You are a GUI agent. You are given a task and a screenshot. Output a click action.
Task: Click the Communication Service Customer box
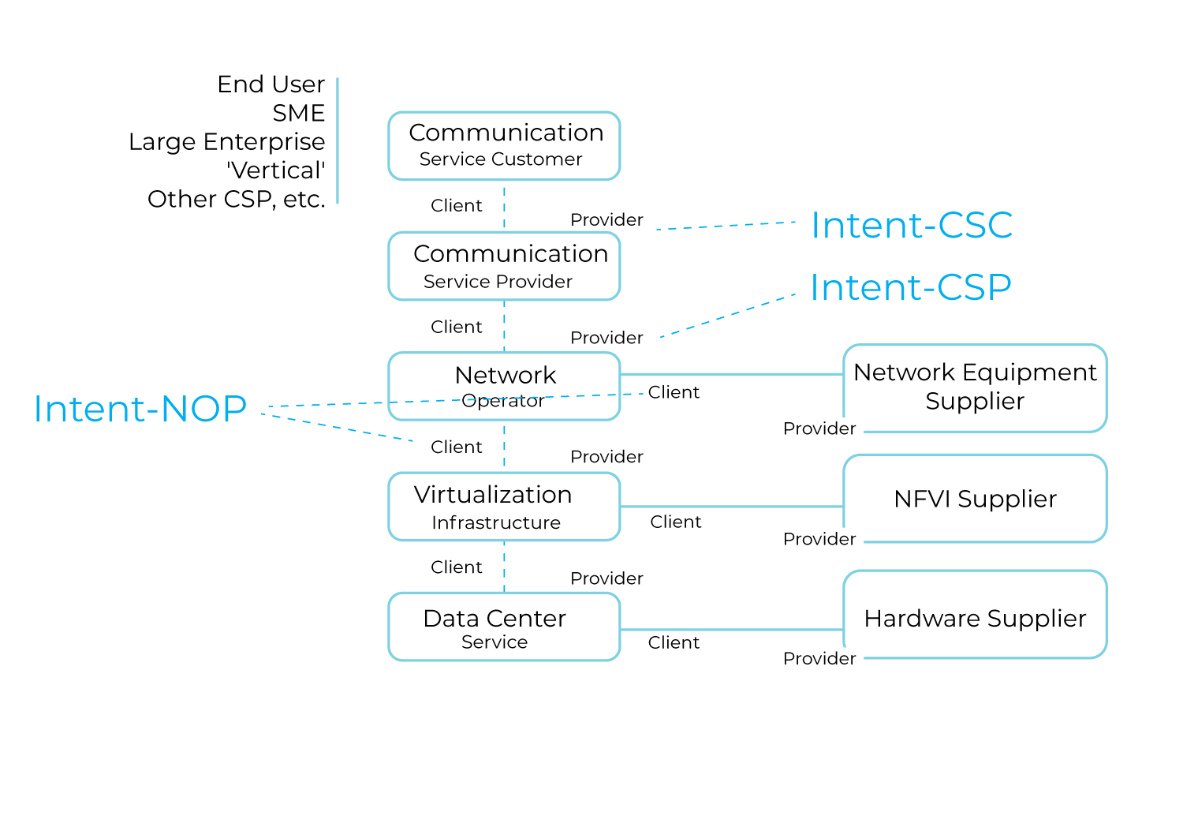504,146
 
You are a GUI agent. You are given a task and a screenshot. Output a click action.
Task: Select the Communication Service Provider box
504,266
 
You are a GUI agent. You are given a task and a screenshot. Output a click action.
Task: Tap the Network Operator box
504,386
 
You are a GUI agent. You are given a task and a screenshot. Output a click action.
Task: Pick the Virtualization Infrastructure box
504,507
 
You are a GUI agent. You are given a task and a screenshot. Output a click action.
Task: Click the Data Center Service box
504,627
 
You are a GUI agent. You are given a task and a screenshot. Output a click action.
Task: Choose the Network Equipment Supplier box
975,387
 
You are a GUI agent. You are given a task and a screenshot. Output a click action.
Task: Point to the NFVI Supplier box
975,499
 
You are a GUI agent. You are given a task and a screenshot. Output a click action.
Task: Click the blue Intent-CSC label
912,226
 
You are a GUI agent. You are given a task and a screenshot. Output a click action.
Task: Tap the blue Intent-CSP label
911,287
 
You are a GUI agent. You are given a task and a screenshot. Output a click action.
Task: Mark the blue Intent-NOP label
140,409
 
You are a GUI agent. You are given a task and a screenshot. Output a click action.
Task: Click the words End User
271,84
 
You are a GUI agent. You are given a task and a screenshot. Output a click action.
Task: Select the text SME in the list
298,113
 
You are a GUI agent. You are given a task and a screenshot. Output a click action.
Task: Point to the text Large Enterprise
226,142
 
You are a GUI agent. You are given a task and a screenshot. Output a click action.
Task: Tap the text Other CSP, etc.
236,199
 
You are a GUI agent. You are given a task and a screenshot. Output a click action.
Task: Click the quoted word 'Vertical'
275,170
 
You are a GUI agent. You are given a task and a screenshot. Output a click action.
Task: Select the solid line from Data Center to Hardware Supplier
732,630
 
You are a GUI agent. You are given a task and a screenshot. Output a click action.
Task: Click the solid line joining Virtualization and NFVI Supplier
732,507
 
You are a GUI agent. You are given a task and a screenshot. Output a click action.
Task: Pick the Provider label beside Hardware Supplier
819,659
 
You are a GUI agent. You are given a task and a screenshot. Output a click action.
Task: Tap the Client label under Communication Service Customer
456,206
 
